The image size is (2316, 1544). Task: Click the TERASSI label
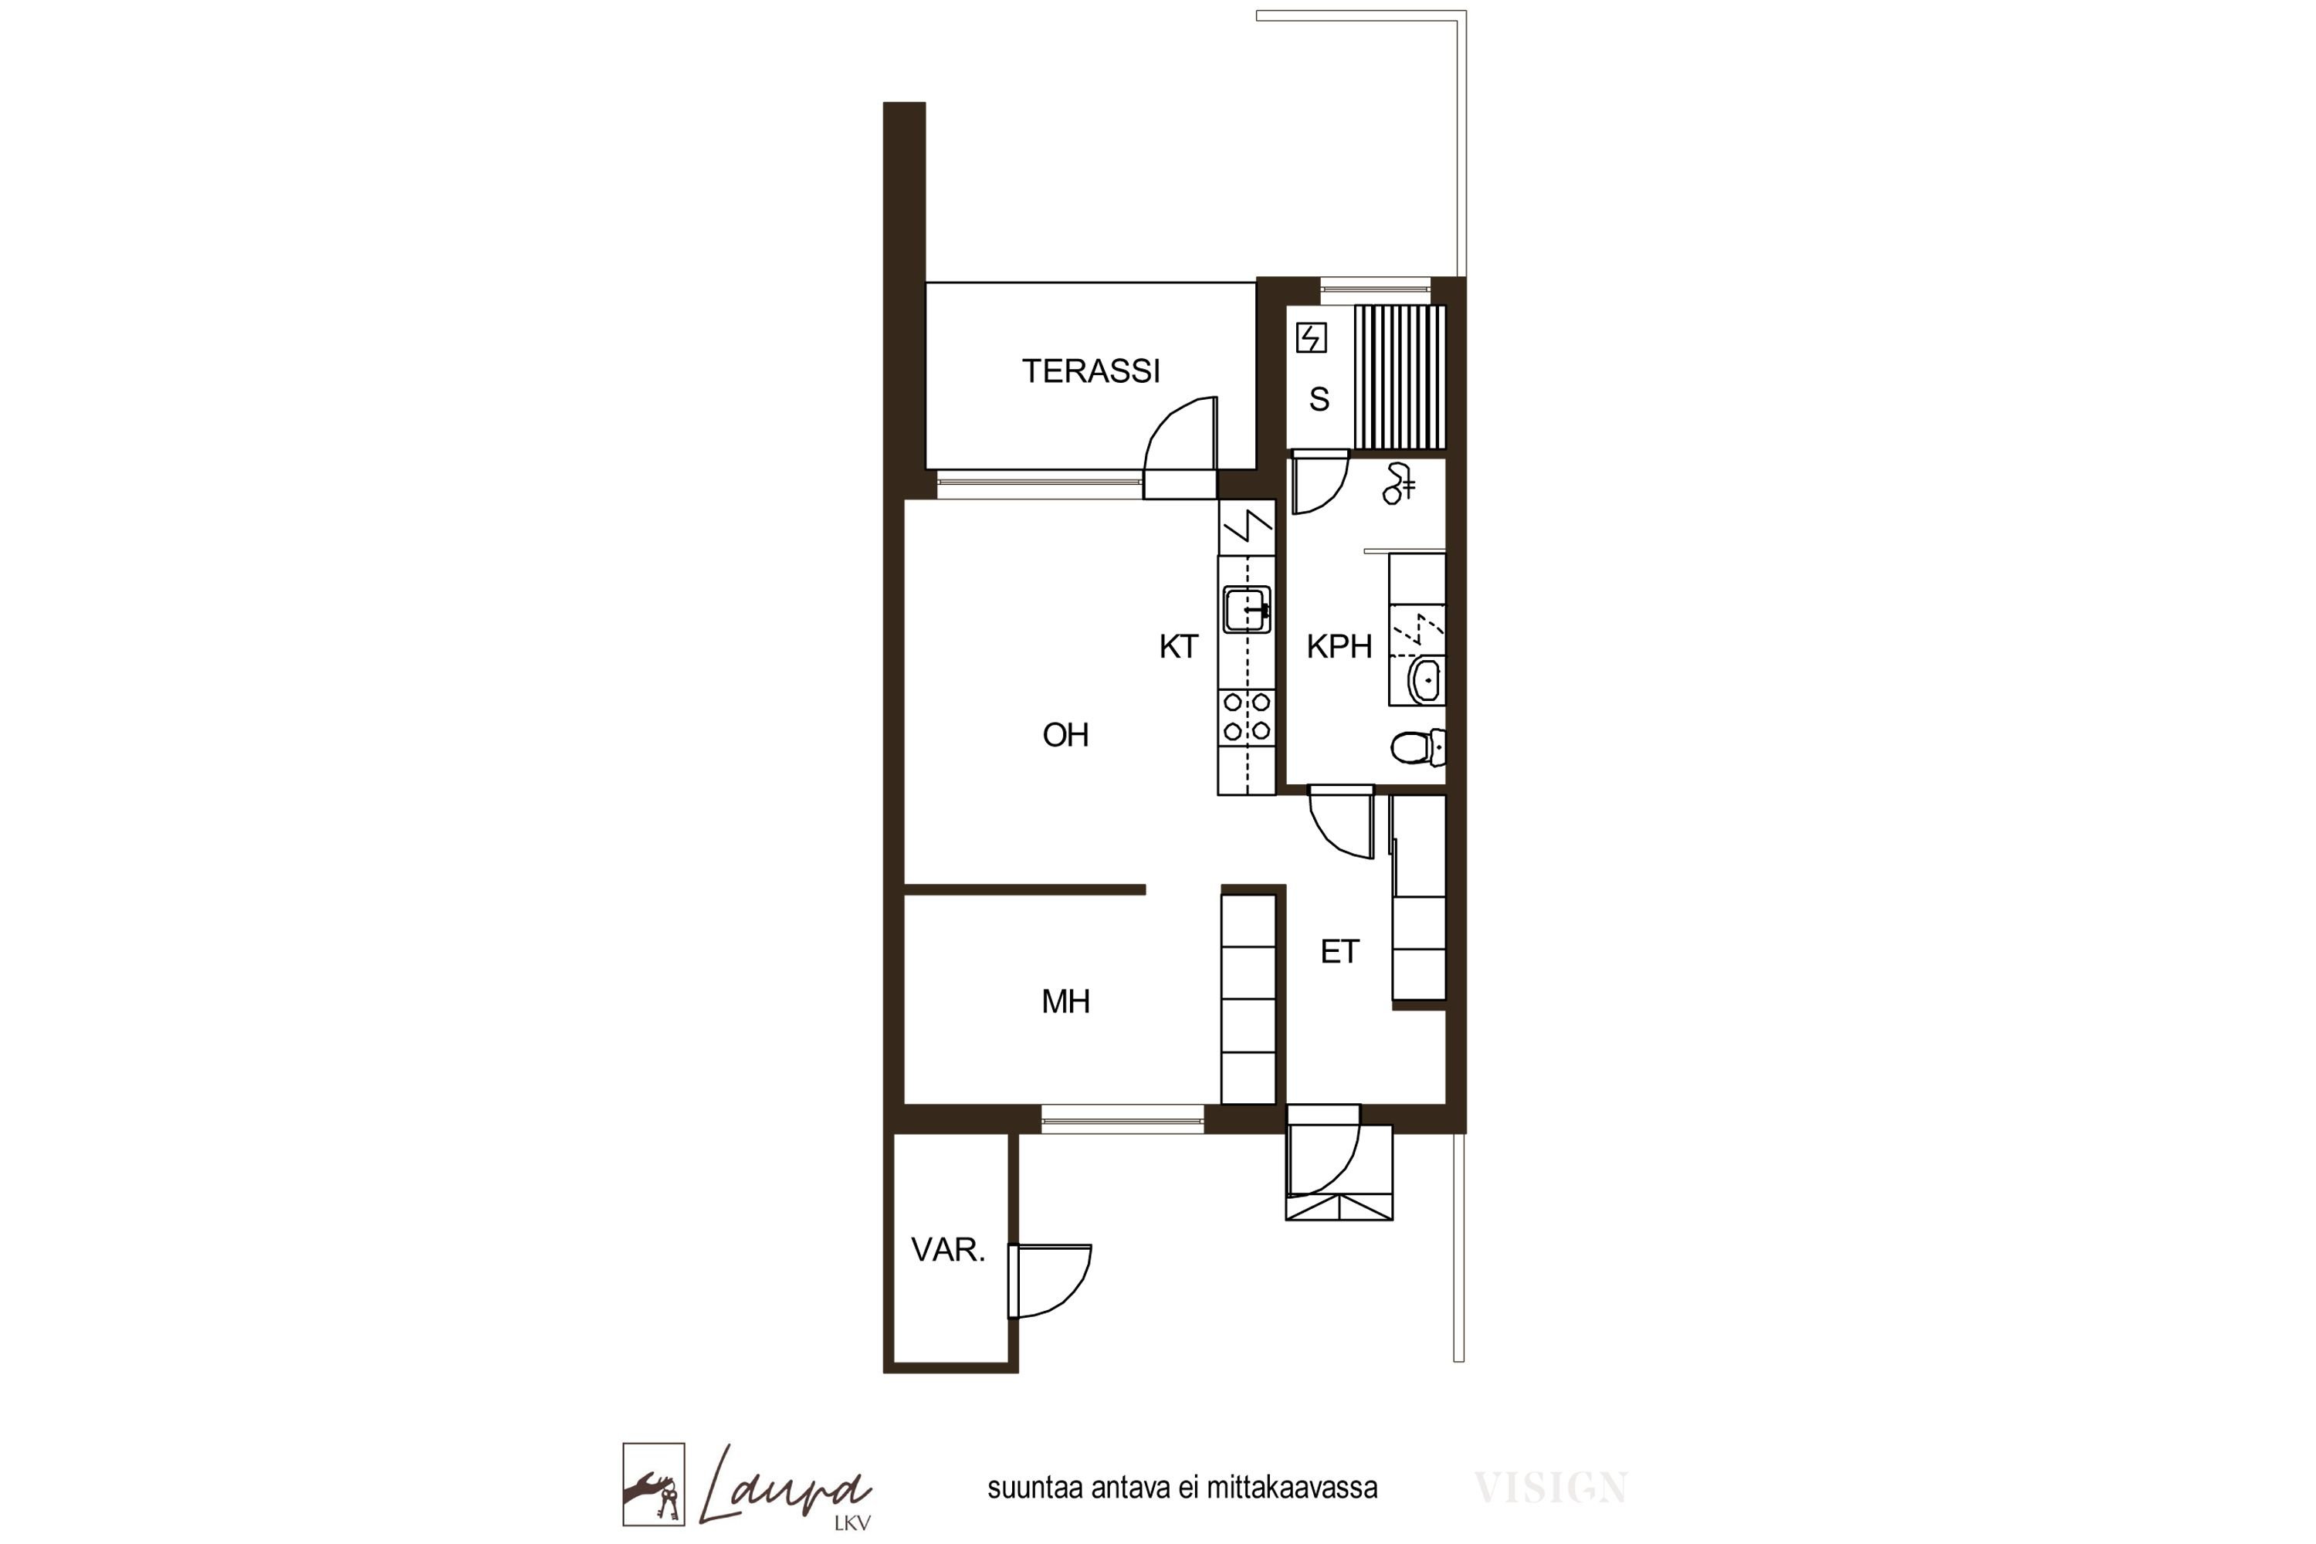(1090, 371)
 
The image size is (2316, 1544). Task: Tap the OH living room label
(1065, 735)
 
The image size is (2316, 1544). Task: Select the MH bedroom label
(1065, 1001)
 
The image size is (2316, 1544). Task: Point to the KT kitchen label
(1179, 647)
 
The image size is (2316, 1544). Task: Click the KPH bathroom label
(1339, 647)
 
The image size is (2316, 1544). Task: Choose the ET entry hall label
(1340, 951)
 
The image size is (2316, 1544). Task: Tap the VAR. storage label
(947, 1250)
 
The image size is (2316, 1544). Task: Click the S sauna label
(1319, 399)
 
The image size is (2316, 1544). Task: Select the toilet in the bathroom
(1418, 747)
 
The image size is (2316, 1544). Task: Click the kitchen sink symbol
(1247, 610)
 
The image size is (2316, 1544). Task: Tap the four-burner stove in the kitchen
(1247, 717)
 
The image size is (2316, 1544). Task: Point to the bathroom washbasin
(1425, 680)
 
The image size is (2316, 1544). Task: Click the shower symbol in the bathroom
(1399, 483)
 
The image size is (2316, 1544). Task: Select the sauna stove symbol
(1311, 338)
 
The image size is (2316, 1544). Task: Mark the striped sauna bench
(1399, 378)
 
